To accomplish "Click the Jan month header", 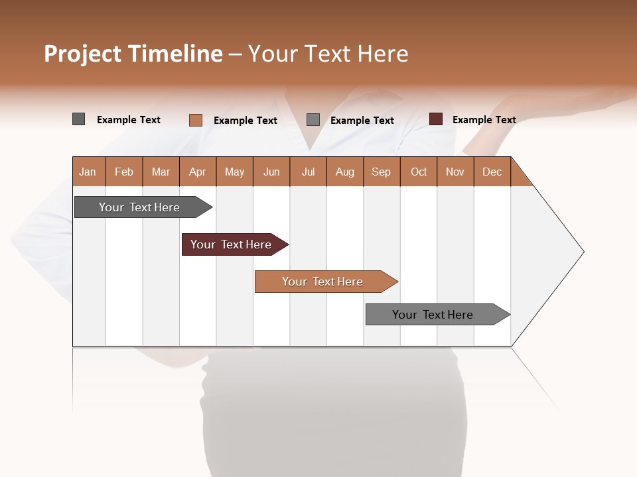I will (x=88, y=172).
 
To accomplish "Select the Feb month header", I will (x=124, y=172).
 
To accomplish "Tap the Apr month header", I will (x=197, y=172).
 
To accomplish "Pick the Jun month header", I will (x=271, y=172).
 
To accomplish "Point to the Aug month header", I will (x=344, y=172).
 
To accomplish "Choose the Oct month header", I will (x=419, y=172).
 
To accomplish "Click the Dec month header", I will (x=492, y=172).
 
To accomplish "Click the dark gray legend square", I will (x=78, y=119).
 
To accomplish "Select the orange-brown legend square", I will (x=195, y=120).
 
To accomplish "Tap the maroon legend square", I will (x=435, y=119).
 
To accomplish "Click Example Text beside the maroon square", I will (x=484, y=120).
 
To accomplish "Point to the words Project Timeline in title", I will (x=133, y=54).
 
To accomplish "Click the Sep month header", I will (x=381, y=172).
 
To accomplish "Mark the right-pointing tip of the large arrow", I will (x=582, y=252).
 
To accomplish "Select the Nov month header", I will (x=455, y=172).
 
